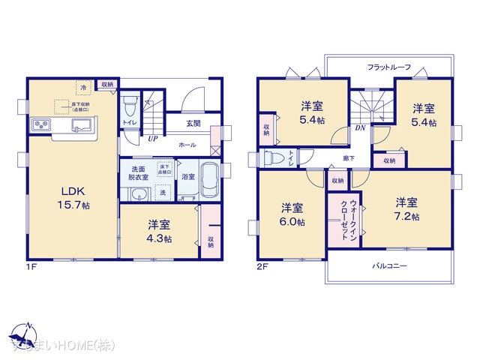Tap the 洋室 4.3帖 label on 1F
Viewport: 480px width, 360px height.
[x=159, y=232]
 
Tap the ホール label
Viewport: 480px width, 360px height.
[x=187, y=143]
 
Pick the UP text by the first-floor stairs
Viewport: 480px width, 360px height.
[x=153, y=139]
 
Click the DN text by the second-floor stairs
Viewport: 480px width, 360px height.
[x=360, y=128]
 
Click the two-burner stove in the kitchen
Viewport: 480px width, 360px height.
[x=41, y=124]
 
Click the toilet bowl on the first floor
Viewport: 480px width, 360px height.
[x=130, y=102]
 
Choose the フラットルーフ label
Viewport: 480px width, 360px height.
[x=388, y=67]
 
